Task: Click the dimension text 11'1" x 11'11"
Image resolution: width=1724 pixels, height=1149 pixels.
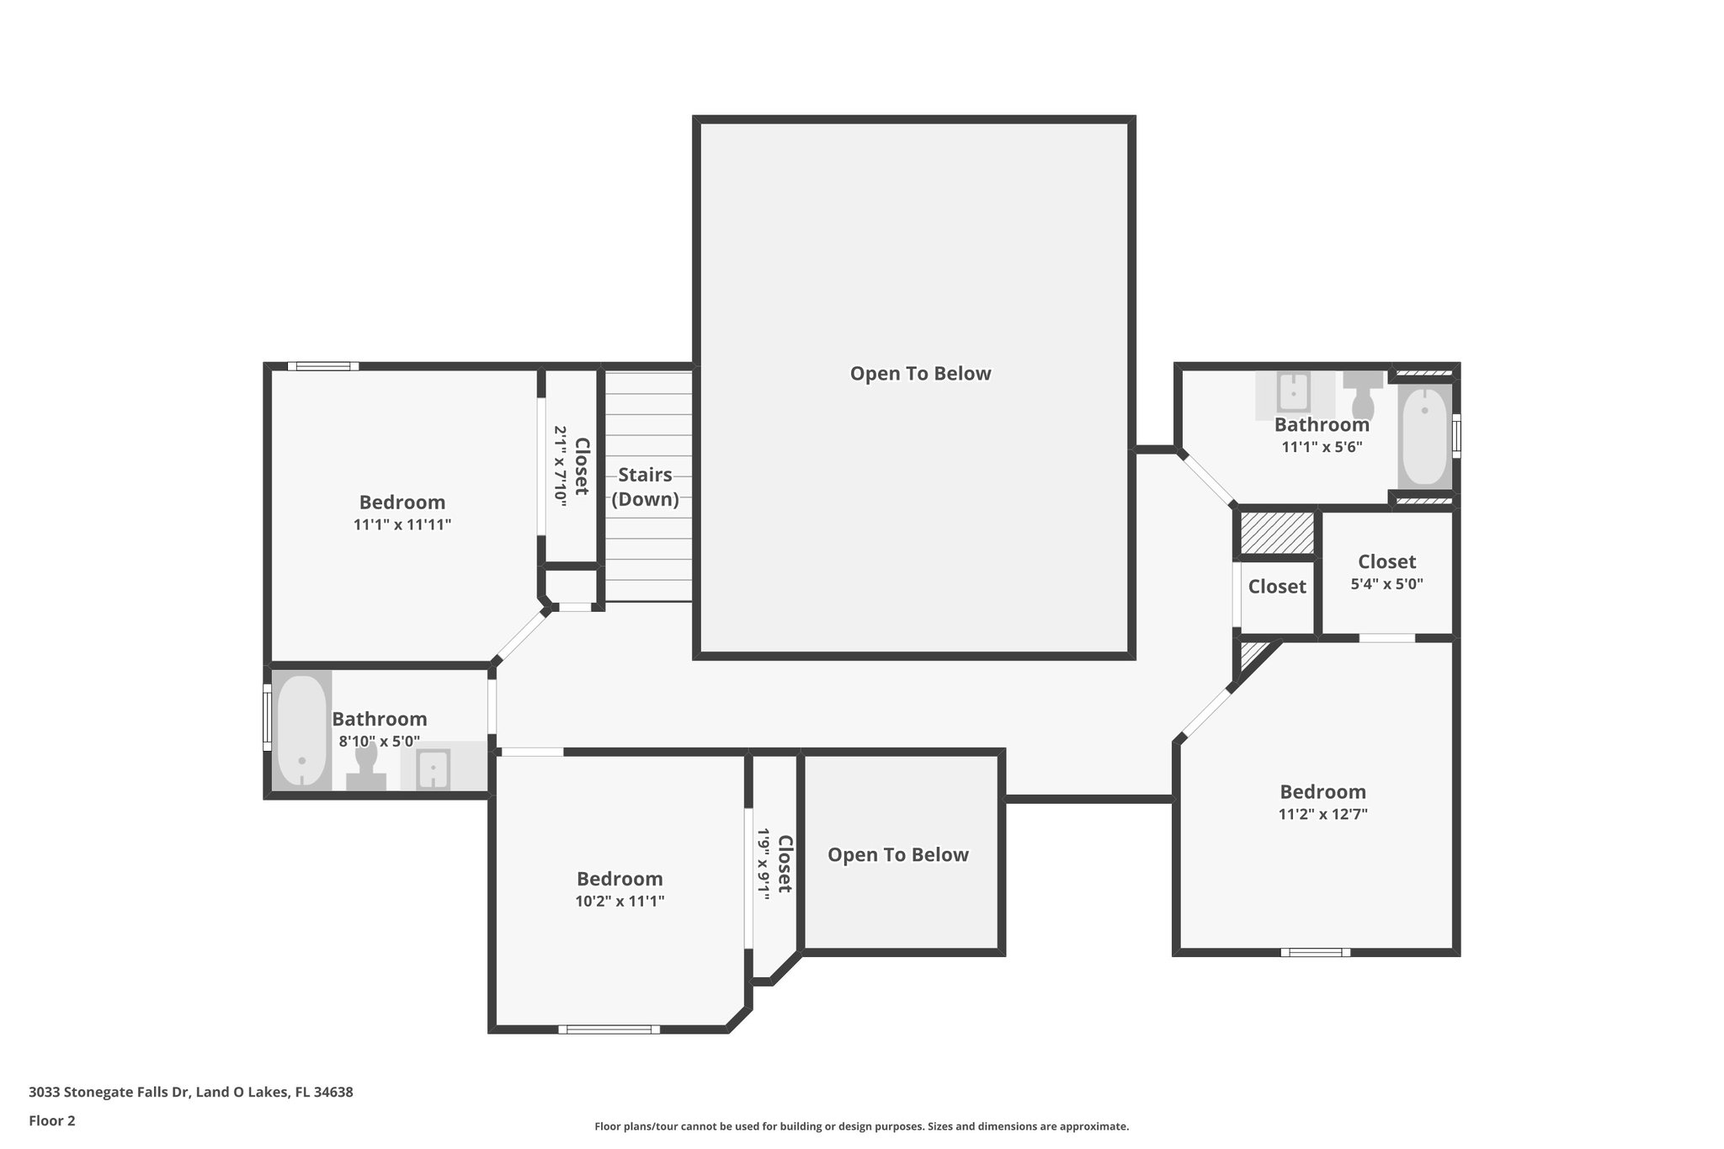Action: [x=402, y=524]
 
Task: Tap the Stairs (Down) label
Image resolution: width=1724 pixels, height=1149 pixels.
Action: [x=645, y=487]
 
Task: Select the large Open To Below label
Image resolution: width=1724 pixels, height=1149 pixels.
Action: [x=920, y=373]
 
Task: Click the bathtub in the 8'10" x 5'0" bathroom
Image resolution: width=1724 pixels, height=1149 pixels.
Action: [x=301, y=730]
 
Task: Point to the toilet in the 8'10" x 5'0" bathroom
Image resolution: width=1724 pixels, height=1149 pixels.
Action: [x=366, y=765]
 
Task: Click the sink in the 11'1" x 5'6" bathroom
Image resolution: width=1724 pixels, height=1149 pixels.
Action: [x=1292, y=392]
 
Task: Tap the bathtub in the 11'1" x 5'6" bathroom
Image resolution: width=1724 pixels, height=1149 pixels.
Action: [x=1425, y=435]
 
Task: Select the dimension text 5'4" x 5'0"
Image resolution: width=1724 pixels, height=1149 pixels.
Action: [x=1386, y=583]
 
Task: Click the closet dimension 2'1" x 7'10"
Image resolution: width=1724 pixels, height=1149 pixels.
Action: [x=561, y=465]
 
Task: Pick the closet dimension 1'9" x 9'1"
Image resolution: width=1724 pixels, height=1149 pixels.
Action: [x=764, y=864]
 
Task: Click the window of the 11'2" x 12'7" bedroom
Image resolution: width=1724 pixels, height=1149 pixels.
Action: [x=1315, y=952]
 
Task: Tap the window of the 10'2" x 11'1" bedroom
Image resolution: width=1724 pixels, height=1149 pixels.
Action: [x=609, y=1029]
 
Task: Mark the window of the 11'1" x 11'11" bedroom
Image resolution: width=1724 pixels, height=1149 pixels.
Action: [x=323, y=366]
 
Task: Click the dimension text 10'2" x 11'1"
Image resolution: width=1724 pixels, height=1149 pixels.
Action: [x=620, y=901]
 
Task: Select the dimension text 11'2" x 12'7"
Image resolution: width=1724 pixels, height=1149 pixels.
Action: [x=1322, y=814]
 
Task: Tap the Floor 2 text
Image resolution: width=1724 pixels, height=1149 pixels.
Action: [x=52, y=1120]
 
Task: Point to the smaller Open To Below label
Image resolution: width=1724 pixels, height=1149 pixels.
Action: [x=897, y=854]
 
